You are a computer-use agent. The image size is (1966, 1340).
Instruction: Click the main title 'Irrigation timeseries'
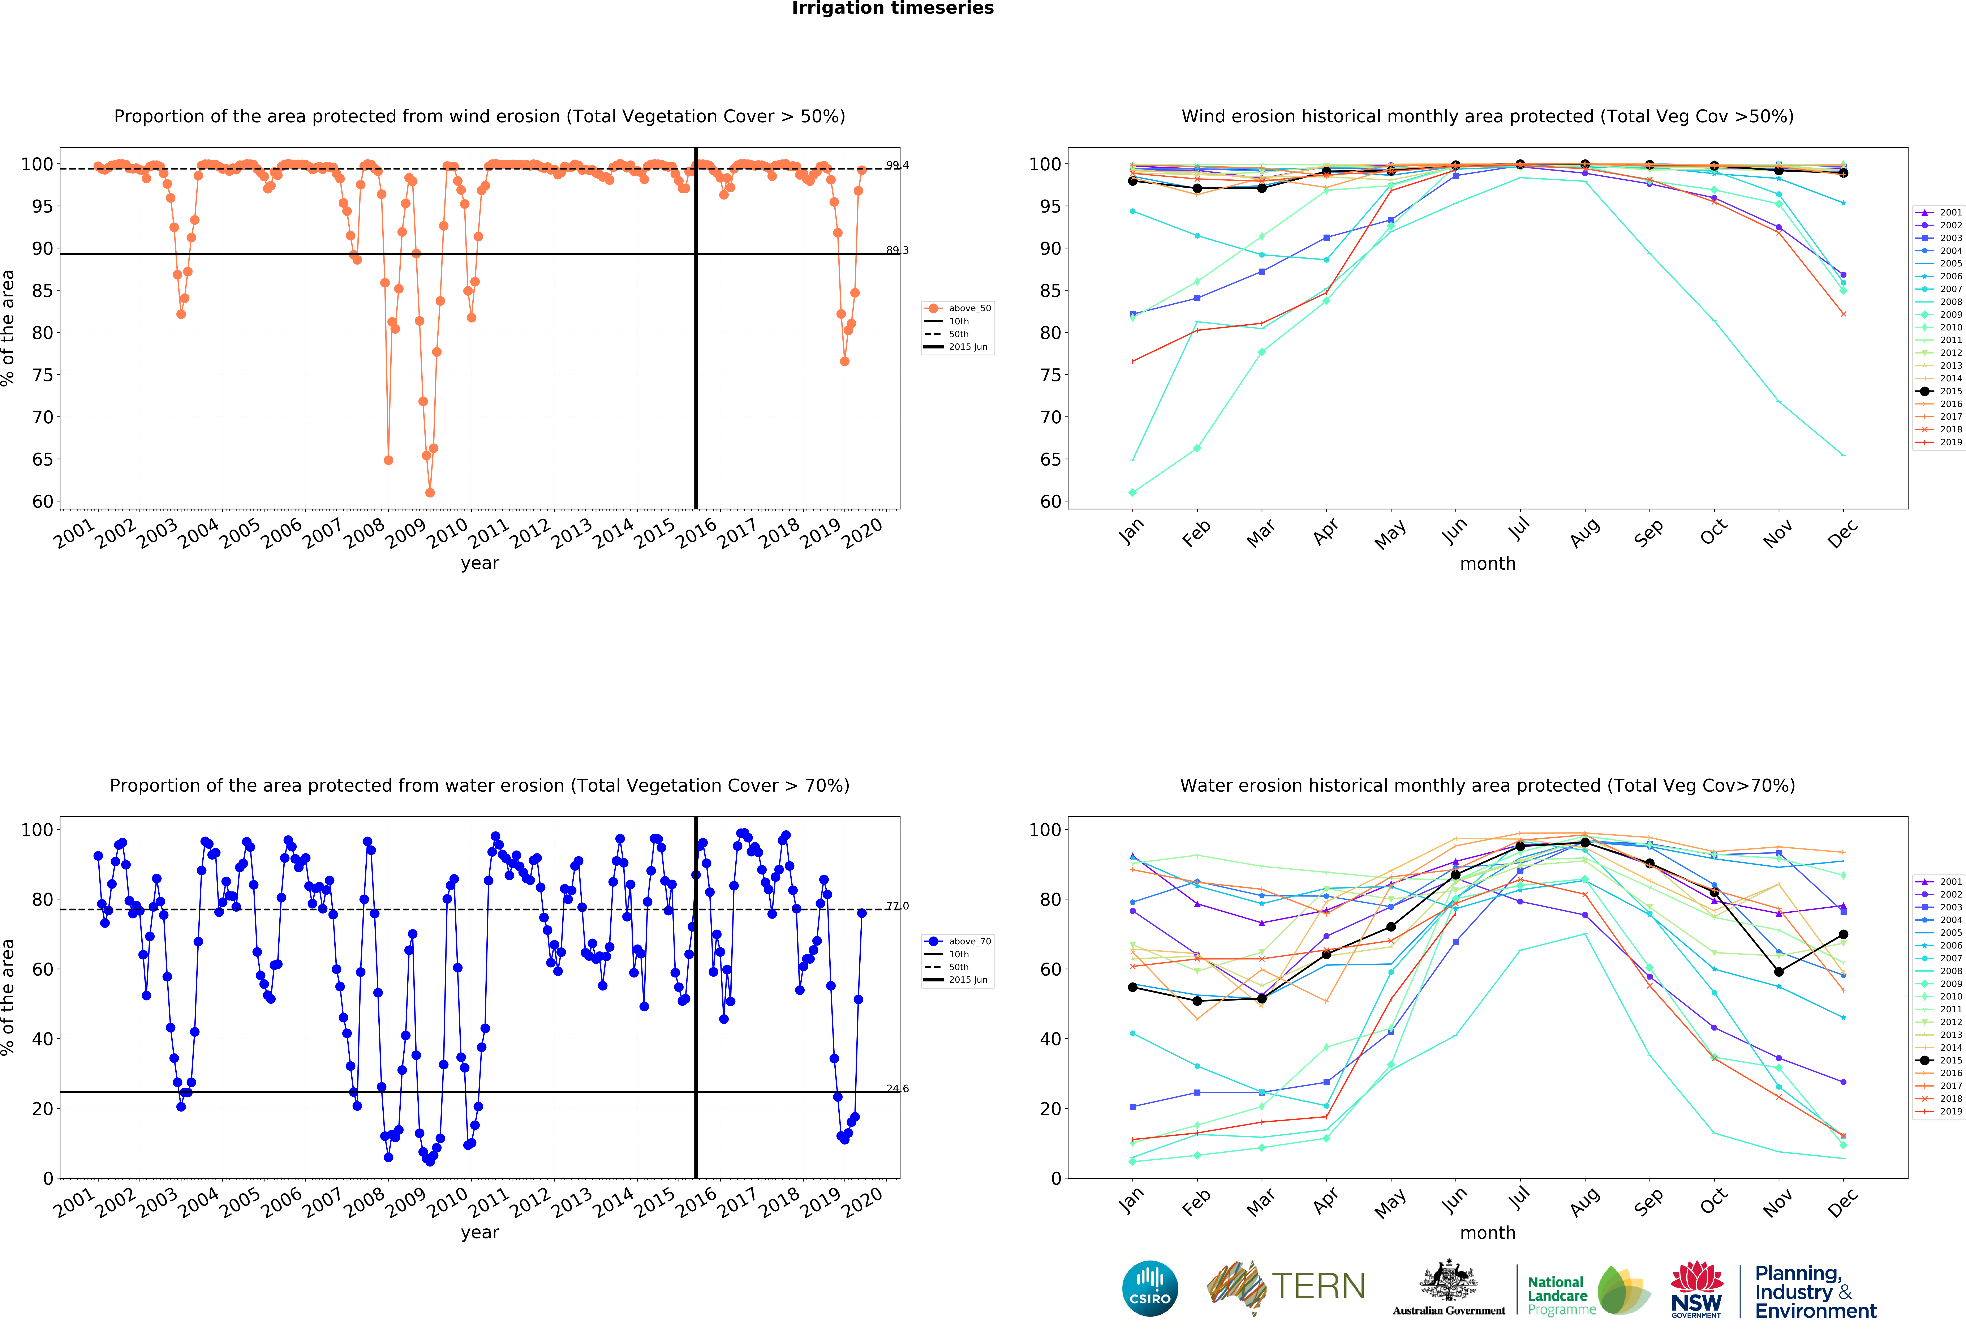pos(892,8)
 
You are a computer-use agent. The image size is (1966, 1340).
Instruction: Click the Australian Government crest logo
pos(1449,1288)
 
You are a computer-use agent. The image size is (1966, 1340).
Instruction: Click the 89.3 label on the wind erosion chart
pos(897,251)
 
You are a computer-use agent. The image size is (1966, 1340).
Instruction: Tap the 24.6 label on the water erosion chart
pos(897,1089)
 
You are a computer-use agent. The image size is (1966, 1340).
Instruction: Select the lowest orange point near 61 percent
pos(430,492)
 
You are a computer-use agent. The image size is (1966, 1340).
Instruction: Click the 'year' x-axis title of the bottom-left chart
pos(480,1233)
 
